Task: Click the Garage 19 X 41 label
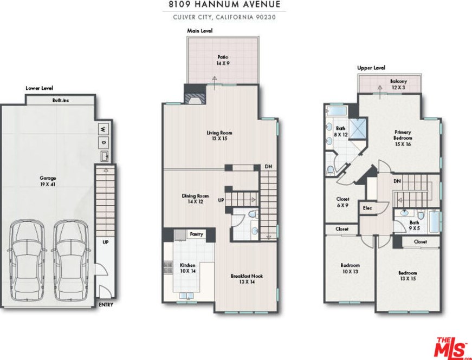[48, 181]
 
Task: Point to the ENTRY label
[106, 305]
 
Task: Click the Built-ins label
[61, 100]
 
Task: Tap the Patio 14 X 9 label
[223, 60]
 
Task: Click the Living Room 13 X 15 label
[219, 136]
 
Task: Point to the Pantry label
[196, 234]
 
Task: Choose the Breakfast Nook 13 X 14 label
[247, 279]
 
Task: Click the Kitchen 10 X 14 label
[187, 268]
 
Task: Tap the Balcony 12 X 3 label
[398, 84]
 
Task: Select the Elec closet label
[367, 208]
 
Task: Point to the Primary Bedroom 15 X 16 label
[403, 138]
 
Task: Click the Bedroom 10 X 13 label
[350, 269]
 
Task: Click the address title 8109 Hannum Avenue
[224, 4]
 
